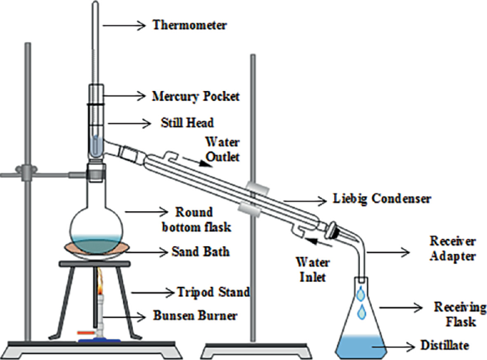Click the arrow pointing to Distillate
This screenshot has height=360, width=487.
(x=397, y=346)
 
